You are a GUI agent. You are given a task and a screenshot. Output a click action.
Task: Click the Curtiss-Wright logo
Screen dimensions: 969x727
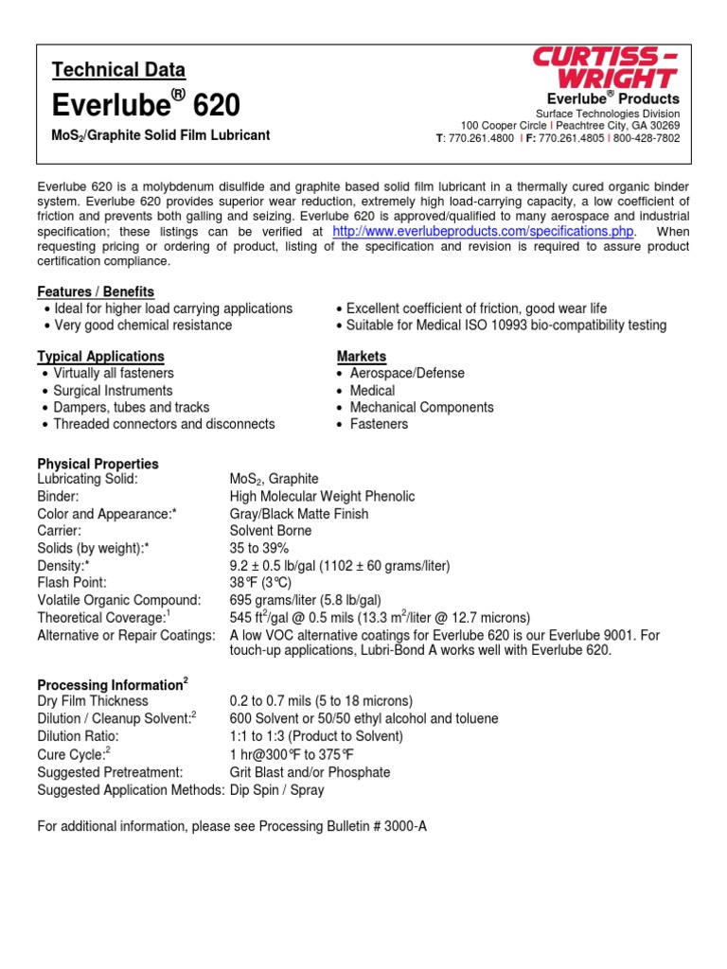[605, 68]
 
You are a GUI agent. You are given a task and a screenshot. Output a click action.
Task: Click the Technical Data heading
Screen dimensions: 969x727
[118, 70]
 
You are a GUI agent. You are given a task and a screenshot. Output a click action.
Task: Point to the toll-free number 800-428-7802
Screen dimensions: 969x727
[645, 138]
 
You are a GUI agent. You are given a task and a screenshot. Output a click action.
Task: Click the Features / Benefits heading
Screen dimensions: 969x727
[96, 291]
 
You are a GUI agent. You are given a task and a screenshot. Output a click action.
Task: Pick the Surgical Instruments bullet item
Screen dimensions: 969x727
[114, 391]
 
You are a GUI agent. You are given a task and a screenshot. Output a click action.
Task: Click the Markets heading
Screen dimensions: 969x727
[362, 357]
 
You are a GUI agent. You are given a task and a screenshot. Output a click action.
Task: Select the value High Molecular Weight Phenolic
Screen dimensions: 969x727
[322, 497]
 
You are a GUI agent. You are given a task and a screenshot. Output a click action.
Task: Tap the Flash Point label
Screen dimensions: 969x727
[72, 583]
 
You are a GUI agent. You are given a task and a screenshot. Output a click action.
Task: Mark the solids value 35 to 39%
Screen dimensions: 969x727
[259, 549]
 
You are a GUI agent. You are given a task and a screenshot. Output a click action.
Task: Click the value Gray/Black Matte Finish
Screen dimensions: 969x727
[299, 514]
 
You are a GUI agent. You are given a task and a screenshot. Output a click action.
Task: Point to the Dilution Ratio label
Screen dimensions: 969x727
[78, 735]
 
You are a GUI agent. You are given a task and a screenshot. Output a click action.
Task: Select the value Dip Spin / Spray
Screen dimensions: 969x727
[276, 790]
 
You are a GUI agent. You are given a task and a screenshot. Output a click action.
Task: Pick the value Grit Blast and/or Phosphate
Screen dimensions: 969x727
[310, 772]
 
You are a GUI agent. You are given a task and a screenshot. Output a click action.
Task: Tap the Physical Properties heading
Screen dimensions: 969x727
[98, 464]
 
